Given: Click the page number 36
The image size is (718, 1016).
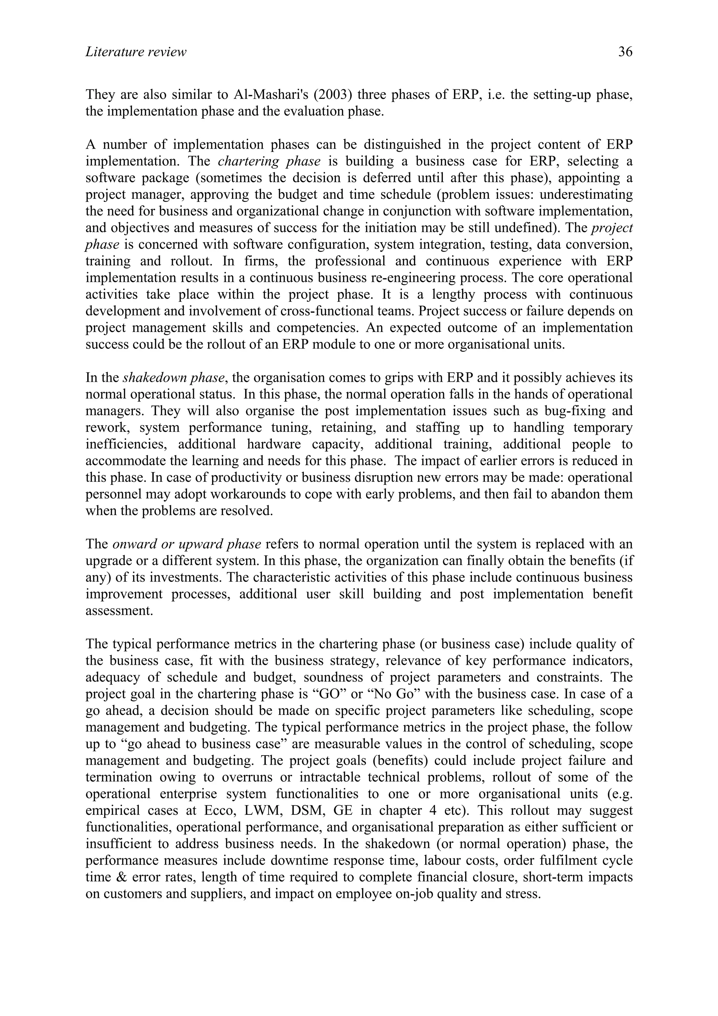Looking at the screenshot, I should [625, 52].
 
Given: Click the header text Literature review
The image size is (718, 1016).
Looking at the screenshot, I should [136, 52].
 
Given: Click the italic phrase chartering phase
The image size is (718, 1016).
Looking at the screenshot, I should [269, 161].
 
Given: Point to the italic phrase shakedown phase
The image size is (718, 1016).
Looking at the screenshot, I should [175, 378].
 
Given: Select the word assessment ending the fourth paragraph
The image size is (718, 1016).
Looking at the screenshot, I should [119, 611].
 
